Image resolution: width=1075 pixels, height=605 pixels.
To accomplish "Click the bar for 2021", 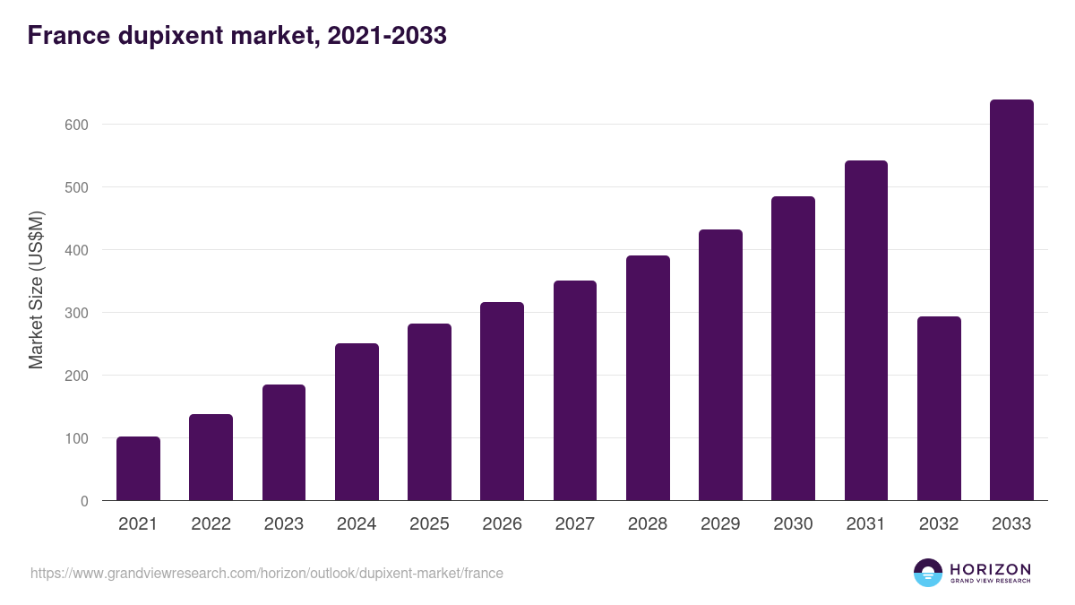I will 138,469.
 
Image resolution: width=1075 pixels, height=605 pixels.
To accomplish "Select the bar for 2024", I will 357,422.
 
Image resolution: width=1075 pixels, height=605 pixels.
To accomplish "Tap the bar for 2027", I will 575,391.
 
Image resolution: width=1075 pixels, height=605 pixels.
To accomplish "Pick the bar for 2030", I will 793,349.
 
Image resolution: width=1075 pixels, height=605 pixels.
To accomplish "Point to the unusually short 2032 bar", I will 939,409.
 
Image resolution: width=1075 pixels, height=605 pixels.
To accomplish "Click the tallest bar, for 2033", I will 1011,300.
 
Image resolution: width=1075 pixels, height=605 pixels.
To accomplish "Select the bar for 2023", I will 284,443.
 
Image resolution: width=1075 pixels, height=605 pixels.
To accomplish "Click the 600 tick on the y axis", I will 76,125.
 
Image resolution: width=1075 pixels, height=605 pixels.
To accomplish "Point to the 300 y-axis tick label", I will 76,313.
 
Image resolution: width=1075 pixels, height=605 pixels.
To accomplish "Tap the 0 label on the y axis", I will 84,501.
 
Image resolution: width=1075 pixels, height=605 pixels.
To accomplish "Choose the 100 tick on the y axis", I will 76,438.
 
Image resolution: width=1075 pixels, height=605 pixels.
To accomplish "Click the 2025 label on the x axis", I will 429,524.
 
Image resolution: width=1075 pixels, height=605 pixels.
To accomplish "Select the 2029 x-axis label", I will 720,524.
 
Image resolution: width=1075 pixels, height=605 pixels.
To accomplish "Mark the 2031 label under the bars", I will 865,524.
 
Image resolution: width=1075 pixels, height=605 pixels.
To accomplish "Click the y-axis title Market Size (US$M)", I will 36,290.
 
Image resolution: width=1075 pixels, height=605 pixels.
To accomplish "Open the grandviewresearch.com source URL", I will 267,573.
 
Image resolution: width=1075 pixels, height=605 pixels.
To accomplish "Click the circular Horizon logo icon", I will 928,573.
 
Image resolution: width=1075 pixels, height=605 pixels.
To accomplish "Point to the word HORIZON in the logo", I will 990,569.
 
